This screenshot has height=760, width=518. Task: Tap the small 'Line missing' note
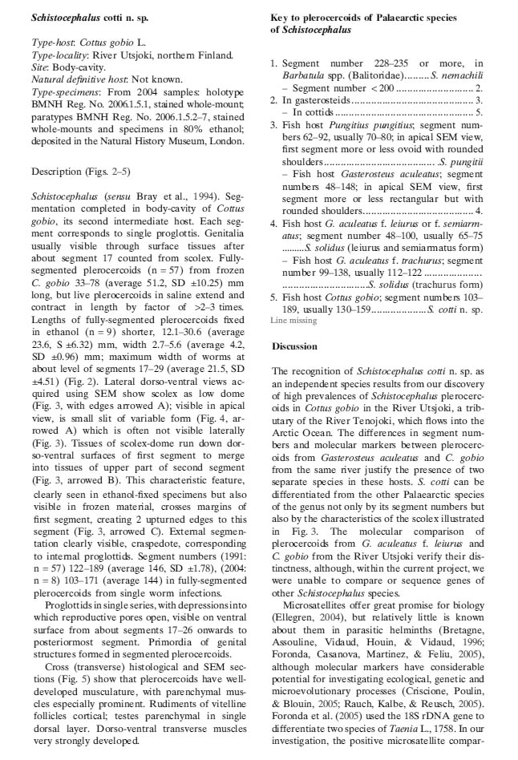pos(293,320)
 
